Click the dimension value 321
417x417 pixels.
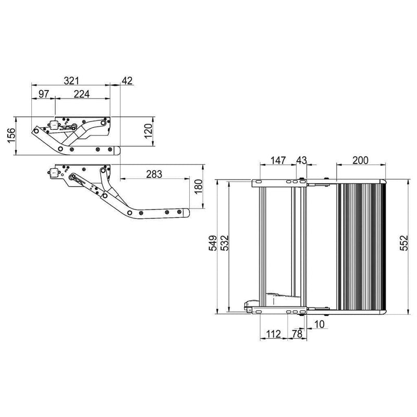click(x=71, y=80)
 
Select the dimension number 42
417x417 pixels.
click(x=127, y=80)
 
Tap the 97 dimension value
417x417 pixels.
click(x=43, y=94)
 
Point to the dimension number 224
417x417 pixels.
click(x=81, y=94)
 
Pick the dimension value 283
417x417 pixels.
click(x=153, y=174)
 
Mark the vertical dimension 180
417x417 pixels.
click(x=198, y=186)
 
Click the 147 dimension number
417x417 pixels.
click(x=278, y=161)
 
